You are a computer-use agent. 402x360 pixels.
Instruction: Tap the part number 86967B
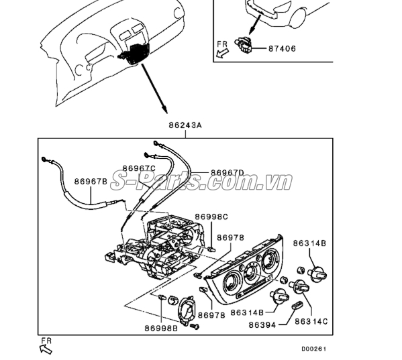(91, 181)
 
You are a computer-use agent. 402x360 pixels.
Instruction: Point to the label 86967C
(138, 168)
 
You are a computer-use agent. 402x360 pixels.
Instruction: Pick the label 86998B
(160, 328)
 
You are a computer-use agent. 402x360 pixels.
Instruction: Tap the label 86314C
(311, 322)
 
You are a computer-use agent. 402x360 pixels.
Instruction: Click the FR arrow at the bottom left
(46, 347)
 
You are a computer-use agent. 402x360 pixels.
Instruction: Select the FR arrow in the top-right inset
(223, 49)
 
